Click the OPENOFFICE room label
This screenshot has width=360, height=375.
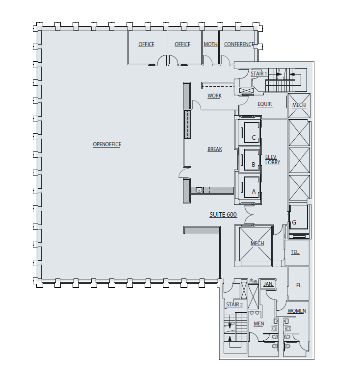click(x=106, y=144)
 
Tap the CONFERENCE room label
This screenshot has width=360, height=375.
click(x=239, y=45)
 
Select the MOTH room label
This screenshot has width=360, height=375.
click(x=210, y=45)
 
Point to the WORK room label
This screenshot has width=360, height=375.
click(x=214, y=96)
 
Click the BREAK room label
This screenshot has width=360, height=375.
click(x=214, y=149)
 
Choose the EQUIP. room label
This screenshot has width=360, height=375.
click(x=265, y=104)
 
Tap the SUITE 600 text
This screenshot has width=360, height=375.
click(x=223, y=215)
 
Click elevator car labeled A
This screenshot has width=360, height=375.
click(x=254, y=192)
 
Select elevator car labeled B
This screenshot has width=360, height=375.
click(x=254, y=165)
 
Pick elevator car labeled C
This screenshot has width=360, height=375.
click(x=254, y=138)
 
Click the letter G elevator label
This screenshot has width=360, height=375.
click(x=294, y=223)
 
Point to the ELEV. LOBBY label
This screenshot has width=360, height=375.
click(x=272, y=159)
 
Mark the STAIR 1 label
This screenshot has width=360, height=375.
click(x=258, y=74)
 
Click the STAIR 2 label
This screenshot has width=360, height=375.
click(x=234, y=305)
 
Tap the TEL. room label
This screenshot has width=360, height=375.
click(x=295, y=252)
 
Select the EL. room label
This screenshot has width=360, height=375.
click(x=299, y=285)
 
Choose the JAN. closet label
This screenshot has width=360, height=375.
click(x=268, y=284)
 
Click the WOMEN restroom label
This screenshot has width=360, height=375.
click(x=296, y=311)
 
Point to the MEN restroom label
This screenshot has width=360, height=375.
click(x=258, y=324)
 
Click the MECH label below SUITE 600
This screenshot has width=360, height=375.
click(x=257, y=244)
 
